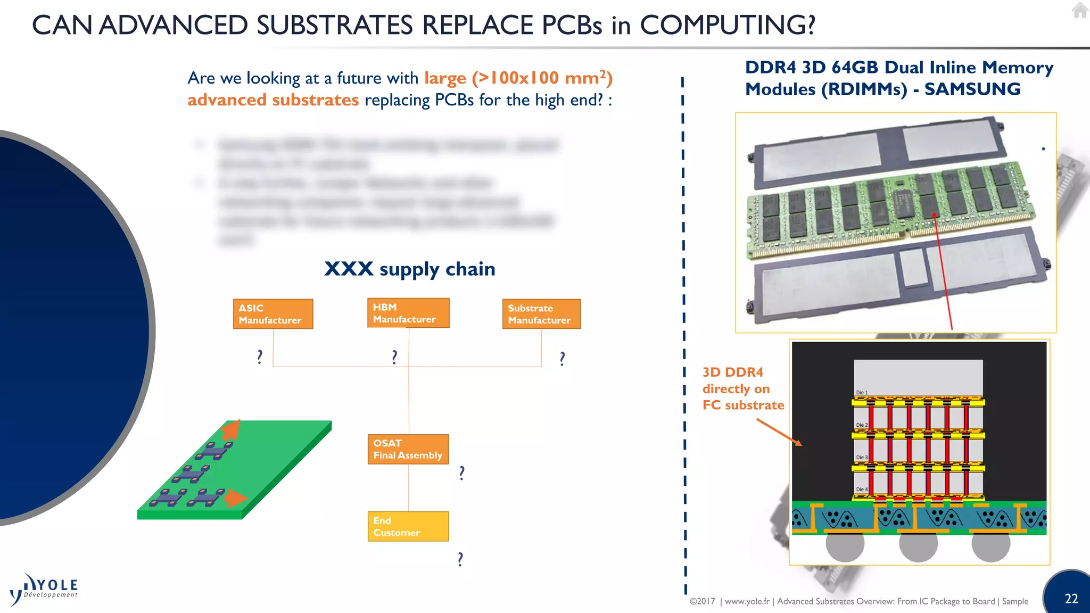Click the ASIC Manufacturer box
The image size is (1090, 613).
pyautogui.click(x=272, y=314)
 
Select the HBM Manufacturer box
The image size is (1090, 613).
pyautogui.click(x=408, y=313)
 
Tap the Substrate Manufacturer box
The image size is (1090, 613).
pyautogui.click(x=541, y=314)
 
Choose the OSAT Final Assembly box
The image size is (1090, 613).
pyautogui.click(x=408, y=449)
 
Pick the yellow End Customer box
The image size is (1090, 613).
pyautogui.click(x=408, y=526)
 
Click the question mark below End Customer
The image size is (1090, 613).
pyautogui.click(x=460, y=559)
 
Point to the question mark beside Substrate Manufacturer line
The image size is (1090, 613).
pyautogui.click(x=562, y=359)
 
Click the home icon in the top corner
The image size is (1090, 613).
pyautogui.click(x=1080, y=10)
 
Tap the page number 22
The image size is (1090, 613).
pyautogui.click(x=1071, y=599)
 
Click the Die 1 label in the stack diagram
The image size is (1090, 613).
pyautogui.click(x=862, y=392)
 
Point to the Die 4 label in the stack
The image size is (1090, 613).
pyautogui.click(x=862, y=489)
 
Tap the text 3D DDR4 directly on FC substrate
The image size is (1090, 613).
pyautogui.click(x=742, y=388)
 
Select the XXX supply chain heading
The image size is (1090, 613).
pyautogui.click(x=410, y=269)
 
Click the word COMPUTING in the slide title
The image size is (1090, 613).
pyautogui.click(x=727, y=25)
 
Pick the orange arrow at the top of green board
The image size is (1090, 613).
pyautogui.click(x=231, y=429)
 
